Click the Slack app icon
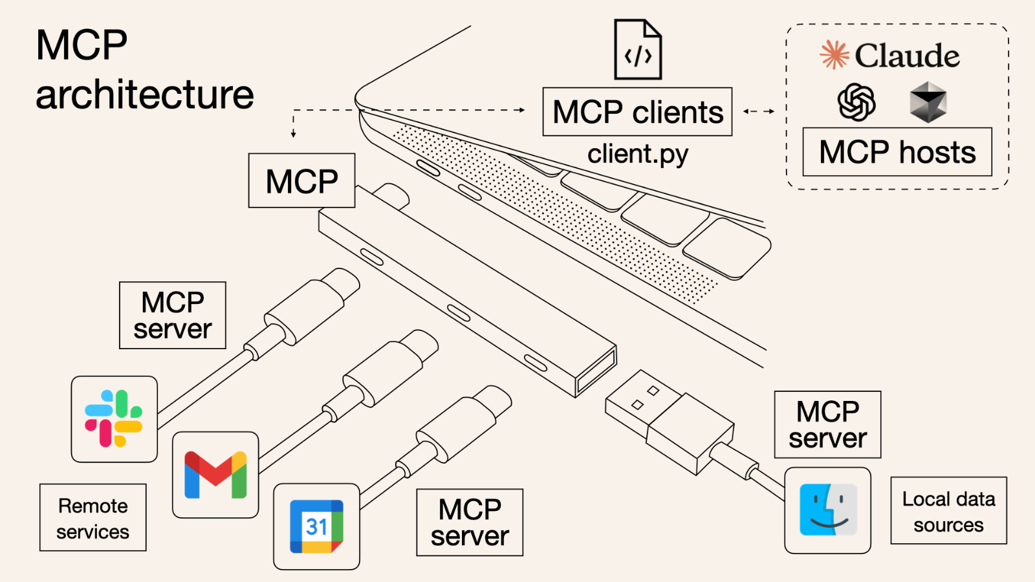(x=114, y=419)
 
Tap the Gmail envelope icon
(x=215, y=475)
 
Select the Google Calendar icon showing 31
(x=316, y=526)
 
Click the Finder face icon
(x=828, y=510)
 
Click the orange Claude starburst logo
(x=834, y=55)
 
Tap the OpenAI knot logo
(x=856, y=102)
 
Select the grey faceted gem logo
(x=928, y=102)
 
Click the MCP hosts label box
(x=897, y=152)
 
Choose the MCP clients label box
(x=637, y=112)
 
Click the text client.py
(x=638, y=155)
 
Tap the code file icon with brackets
(x=638, y=50)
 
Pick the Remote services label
(x=93, y=518)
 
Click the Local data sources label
(x=948, y=511)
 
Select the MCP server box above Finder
(x=827, y=425)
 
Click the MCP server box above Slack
(x=173, y=316)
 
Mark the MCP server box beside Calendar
(x=470, y=523)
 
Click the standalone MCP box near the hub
(x=301, y=181)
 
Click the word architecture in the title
(x=145, y=95)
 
